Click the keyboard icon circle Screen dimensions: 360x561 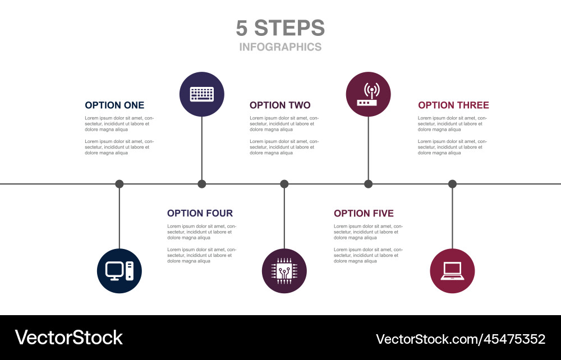click(x=202, y=94)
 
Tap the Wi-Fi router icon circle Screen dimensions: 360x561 click(x=369, y=94)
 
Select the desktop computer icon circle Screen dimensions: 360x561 click(x=119, y=271)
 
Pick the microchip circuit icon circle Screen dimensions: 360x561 click(x=284, y=271)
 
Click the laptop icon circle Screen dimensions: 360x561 click(x=452, y=271)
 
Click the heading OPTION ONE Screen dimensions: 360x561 click(x=114, y=105)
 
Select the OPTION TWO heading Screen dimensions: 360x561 click(x=280, y=105)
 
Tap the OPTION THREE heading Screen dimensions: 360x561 click(x=453, y=105)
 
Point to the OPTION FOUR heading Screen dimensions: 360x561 click(x=200, y=214)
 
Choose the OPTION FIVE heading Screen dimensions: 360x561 click(x=364, y=214)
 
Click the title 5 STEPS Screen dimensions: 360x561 click(x=280, y=28)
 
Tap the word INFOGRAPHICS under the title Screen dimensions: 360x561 click(x=280, y=47)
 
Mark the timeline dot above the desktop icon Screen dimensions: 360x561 click(x=119, y=184)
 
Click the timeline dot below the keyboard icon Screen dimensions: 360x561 click(x=202, y=184)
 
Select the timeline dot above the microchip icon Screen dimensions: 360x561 click(x=284, y=184)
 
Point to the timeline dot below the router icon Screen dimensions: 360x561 click(x=369, y=184)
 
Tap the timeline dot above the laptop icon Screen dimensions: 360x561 click(x=452, y=184)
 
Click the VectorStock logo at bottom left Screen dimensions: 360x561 click(x=69, y=338)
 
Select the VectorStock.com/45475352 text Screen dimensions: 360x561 click(x=460, y=339)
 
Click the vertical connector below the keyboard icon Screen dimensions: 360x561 click(x=202, y=149)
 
